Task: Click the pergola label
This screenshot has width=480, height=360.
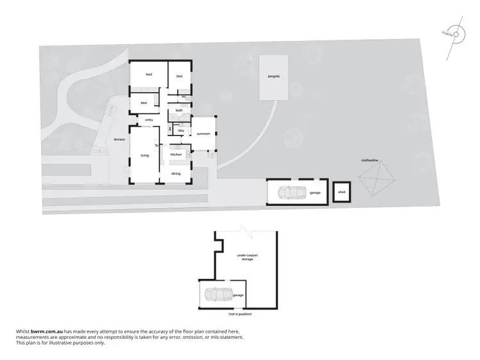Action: click(x=274, y=76)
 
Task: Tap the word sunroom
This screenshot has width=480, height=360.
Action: click(x=204, y=134)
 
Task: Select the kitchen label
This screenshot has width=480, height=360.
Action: click(x=176, y=154)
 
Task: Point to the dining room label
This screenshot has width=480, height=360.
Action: click(x=176, y=173)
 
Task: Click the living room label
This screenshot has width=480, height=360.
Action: click(x=145, y=155)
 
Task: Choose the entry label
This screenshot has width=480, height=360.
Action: click(x=148, y=120)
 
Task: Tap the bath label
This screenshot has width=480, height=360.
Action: click(x=179, y=111)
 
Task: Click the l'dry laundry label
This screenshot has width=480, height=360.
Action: click(x=181, y=130)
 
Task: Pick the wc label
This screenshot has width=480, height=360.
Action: click(x=184, y=97)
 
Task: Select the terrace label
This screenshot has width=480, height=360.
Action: click(x=119, y=139)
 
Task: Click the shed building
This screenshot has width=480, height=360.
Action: click(x=342, y=192)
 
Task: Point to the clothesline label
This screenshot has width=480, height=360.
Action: click(x=371, y=160)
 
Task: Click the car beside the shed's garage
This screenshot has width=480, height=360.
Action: click(x=292, y=192)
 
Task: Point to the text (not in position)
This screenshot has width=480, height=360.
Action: click(x=240, y=315)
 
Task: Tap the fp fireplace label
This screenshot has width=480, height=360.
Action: click(x=156, y=145)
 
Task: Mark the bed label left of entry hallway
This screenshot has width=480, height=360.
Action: click(x=144, y=103)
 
